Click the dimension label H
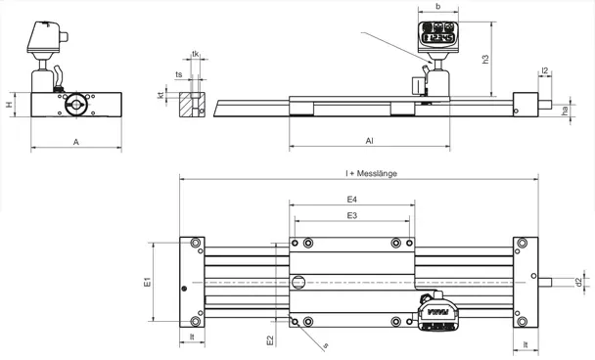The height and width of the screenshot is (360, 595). pyautogui.click(x=9, y=104)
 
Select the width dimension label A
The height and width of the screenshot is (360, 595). pyautogui.click(x=76, y=142)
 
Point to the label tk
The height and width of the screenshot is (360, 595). pyautogui.click(x=196, y=54)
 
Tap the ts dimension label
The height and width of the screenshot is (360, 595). pyautogui.click(x=179, y=73)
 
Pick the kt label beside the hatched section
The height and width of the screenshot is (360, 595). pyautogui.click(x=160, y=96)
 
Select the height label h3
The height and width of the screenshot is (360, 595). pyautogui.click(x=486, y=60)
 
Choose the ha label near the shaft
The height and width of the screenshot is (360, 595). pyautogui.click(x=565, y=112)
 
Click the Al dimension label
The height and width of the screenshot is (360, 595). pyautogui.click(x=369, y=141)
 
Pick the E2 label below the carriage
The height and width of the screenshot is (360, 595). pyautogui.click(x=271, y=340)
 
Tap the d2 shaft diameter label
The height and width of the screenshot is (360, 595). pyautogui.click(x=579, y=283)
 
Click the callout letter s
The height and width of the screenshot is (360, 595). pyautogui.click(x=326, y=345)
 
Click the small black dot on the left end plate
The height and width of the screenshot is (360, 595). pyautogui.click(x=185, y=288)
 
